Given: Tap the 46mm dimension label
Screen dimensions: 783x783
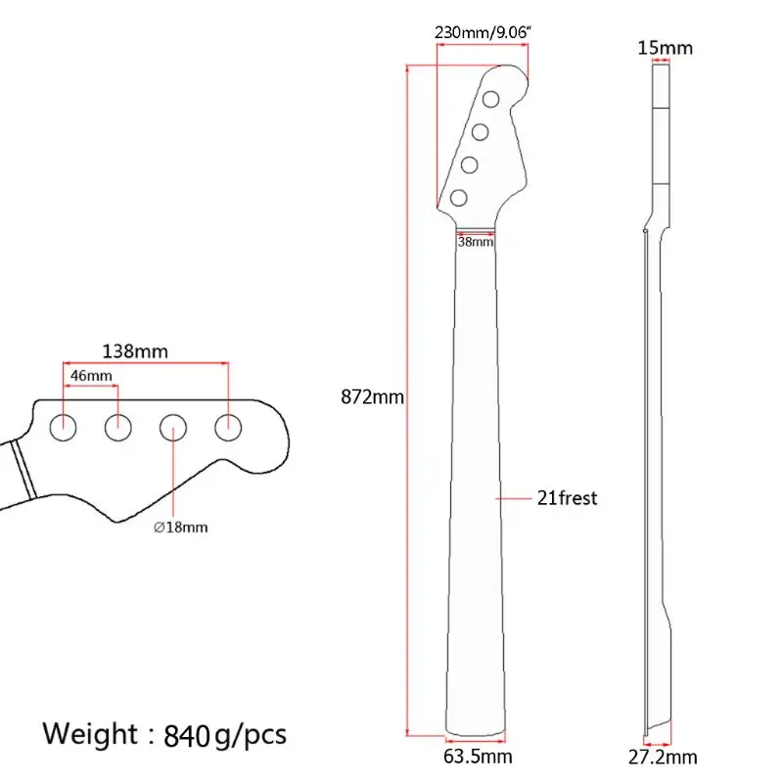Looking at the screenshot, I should [x=91, y=376].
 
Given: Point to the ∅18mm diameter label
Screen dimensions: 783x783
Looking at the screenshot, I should [x=181, y=528].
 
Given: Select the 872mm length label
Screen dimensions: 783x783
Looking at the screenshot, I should [x=372, y=397].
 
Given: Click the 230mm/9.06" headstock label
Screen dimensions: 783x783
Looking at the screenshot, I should [x=482, y=32].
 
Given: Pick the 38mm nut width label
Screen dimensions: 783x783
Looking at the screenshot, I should [x=477, y=241].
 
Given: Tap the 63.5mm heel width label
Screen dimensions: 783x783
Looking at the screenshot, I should [x=479, y=757].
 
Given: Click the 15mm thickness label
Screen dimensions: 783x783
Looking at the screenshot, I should [x=665, y=47].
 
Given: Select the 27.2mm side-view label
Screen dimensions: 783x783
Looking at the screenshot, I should [x=665, y=757].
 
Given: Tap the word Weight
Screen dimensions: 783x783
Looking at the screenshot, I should [x=90, y=733].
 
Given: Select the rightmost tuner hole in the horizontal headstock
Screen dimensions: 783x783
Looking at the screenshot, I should [x=229, y=425].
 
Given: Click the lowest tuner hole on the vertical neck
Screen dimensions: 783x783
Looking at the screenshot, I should [x=458, y=199].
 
